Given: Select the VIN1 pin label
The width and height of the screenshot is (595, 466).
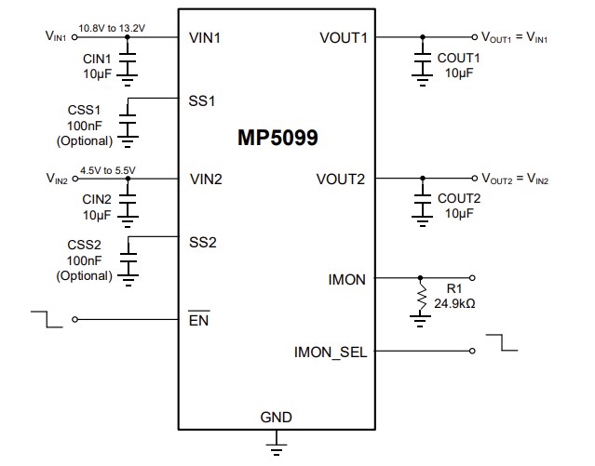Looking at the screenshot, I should pos(206,38).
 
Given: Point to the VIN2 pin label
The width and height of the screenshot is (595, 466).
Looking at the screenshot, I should pos(206,179).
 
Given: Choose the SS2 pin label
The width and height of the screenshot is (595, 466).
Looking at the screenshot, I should pos(202,242).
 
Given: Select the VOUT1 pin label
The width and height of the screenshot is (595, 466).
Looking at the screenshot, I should pos(343,38).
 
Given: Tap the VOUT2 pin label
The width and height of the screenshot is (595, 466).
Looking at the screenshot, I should pos(343,179).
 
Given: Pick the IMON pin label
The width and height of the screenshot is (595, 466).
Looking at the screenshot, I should pos(348,278).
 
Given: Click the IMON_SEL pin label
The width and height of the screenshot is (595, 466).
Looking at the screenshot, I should pos(331,352).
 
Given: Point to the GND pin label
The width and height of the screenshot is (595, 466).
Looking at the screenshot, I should pos(276,418).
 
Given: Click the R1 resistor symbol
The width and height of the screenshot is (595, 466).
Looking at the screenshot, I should pos(422,300).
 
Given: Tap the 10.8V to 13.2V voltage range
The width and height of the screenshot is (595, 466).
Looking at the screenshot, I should pos(115,28).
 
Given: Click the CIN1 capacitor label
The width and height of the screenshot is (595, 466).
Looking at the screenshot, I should pos(97,59).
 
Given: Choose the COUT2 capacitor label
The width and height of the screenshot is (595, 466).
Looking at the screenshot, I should pos(459,198).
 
